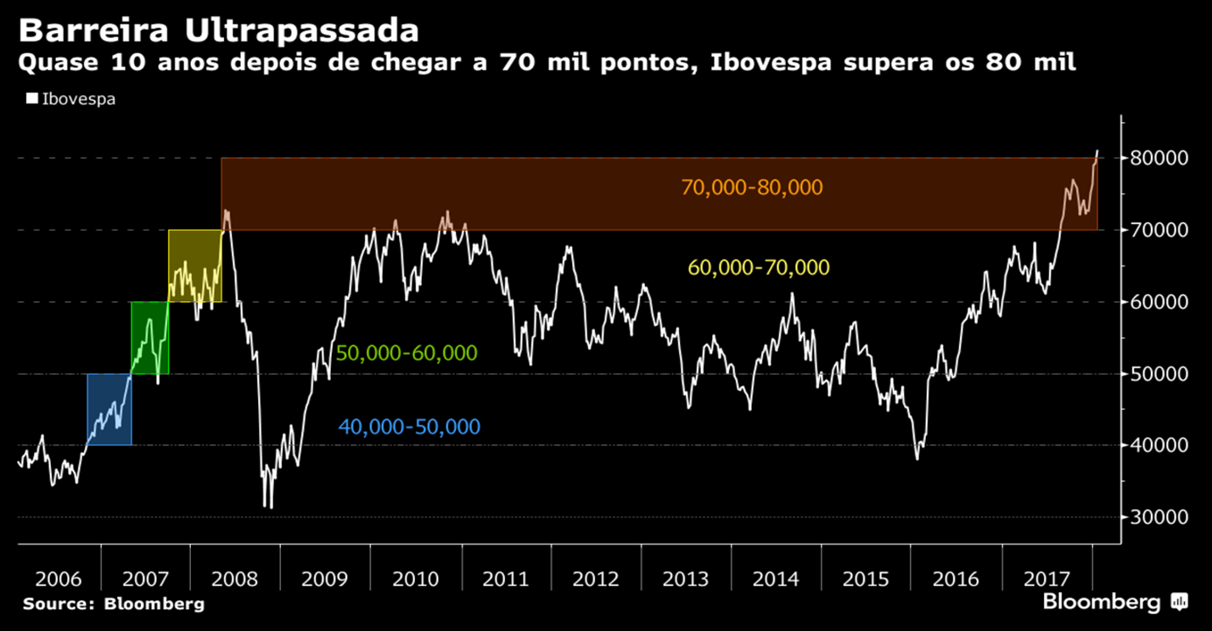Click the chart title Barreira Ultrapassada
(x=219, y=31)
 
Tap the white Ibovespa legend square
(x=32, y=98)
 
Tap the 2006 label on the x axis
(x=59, y=579)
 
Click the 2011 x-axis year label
(x=506, y=579)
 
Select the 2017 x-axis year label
(x=1046, y=579)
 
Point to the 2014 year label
(x=776, y=579)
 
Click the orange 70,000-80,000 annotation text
(x=752, y=187)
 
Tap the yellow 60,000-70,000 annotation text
(x=759, y=268)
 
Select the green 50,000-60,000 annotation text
(x=407, y=353)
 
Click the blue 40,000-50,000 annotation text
(x=409, y=427)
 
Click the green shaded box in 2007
(x=149, y=338)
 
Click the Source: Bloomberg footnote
(x=114, y=605)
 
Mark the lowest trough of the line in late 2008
(x=270, y=508)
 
